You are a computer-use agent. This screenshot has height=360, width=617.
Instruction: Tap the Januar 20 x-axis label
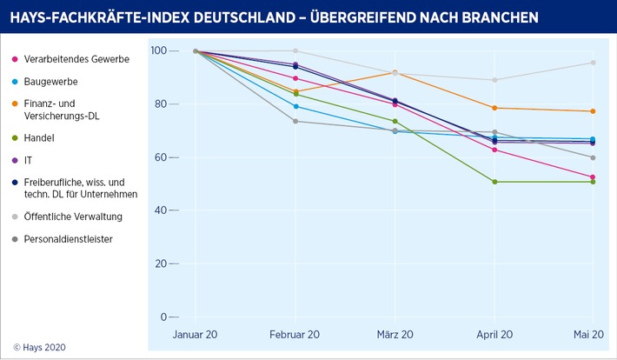(x=196, y=335)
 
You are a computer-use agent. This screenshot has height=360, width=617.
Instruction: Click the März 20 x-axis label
(x=395, y=335)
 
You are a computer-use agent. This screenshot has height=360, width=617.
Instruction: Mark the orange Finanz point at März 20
(x=395, y=72)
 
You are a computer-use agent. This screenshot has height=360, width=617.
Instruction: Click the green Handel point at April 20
(x=494, y=182)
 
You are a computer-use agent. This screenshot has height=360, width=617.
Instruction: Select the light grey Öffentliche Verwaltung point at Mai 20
(x=593, y=63)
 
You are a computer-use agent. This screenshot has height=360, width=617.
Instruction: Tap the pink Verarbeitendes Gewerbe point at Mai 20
(x=593, y=177)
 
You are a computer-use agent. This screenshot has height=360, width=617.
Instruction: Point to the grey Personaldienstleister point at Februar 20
(x=295, y=121)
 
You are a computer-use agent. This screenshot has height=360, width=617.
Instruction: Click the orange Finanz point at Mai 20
(x=593, y=111)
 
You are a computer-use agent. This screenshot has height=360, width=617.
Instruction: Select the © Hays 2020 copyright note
(x=39, y=347)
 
